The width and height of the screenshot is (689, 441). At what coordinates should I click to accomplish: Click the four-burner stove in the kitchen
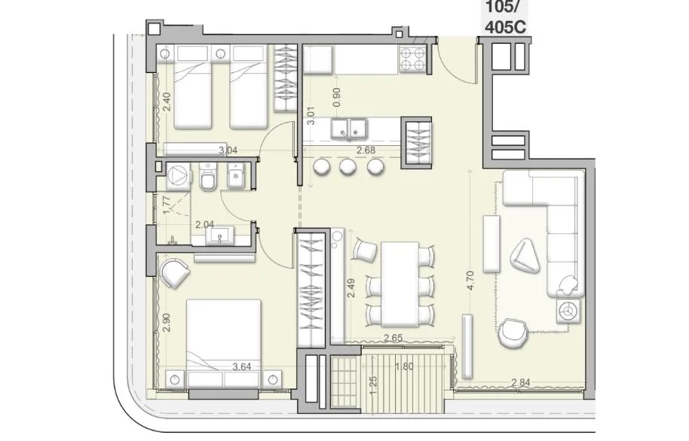[x=412, y=59]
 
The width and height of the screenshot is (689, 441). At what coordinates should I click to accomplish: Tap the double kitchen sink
[x=349, y=129]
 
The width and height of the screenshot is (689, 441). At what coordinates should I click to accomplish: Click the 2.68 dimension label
[x=366, y=150]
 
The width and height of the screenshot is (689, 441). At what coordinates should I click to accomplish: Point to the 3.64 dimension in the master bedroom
[x=242, y=366]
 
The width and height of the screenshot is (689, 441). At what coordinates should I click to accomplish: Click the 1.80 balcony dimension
[x=404, y=366]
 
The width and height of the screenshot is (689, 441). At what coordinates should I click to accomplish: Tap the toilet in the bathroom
[x=207, y=176]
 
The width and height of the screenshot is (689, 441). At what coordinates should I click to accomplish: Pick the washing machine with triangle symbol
[x=178, y=176]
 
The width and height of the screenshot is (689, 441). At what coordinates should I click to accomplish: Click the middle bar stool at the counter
[x=348, y=166]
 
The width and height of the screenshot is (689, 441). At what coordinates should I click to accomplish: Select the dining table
[x=400, y=284]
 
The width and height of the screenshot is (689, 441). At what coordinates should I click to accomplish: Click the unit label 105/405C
[x=504, y=17]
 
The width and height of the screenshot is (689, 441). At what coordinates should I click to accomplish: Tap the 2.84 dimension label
[x=520, y=382]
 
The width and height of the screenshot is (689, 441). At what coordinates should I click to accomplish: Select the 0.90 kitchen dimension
[x=337, y=97]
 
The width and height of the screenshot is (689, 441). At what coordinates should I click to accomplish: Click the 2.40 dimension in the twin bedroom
[x=166, y=102]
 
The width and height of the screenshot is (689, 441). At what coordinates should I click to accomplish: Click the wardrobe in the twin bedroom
[x=285, y=78]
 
